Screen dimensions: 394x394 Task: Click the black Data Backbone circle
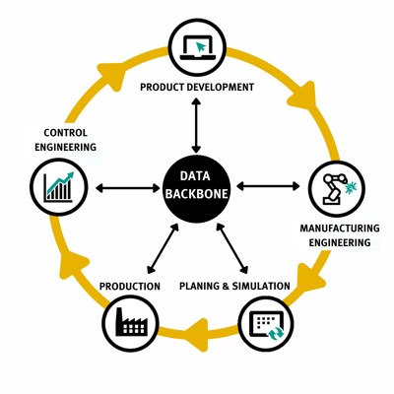[196, 187]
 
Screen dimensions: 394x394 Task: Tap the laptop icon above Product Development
[198, 47]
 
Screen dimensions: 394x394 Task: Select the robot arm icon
[337, 188]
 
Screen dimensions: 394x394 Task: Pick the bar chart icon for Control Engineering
[59, 186]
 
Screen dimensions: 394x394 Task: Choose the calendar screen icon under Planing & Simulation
[266, 324]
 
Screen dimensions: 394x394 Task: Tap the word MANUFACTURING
[340, 228]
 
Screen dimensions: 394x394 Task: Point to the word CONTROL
[66, 133]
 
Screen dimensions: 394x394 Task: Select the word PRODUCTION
[130, 287]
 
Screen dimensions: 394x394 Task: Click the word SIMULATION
[261, 286]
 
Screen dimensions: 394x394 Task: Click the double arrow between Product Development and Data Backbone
[196, 125]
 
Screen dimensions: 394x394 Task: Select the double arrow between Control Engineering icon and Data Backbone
[128, 188]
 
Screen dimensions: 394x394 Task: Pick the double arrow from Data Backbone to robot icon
[268, 186]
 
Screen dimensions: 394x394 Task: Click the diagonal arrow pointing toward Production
[163, 248]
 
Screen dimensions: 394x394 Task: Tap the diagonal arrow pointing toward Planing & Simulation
[232, 248]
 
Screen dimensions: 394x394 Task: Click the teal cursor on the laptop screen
[201, 47]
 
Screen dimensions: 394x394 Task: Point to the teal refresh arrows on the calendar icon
[275, 333]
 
